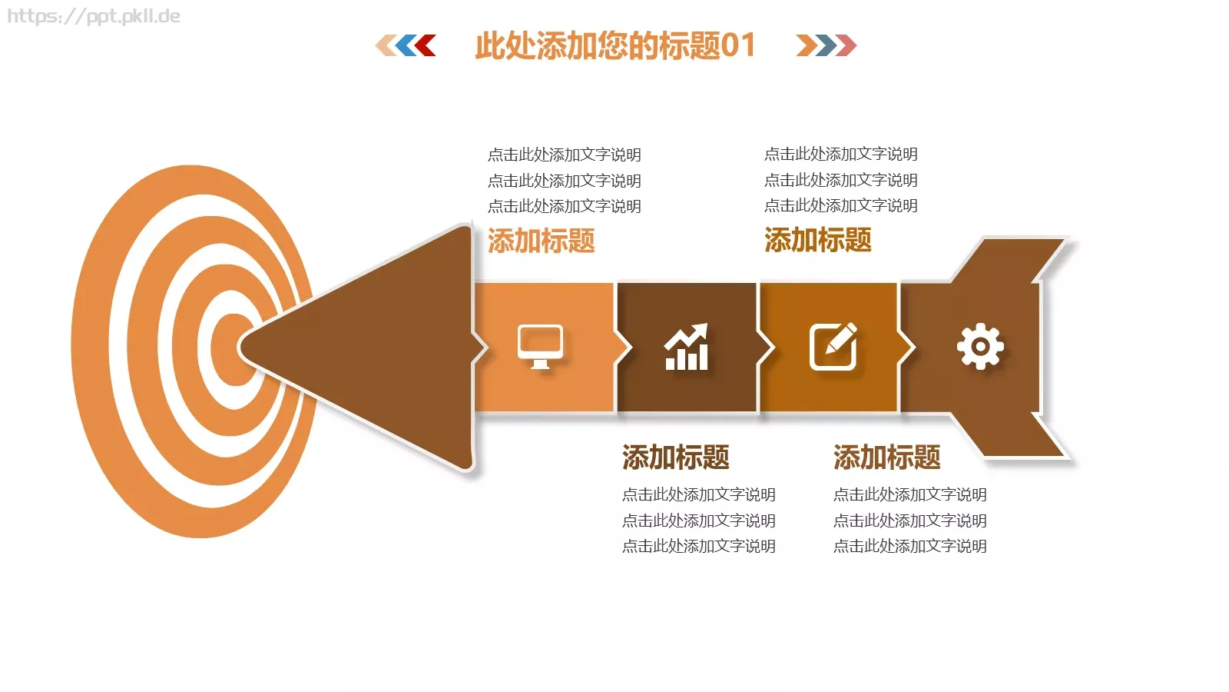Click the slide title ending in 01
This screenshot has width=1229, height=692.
tap(614, 45)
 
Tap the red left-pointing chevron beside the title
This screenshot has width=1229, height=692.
tap(425, 45)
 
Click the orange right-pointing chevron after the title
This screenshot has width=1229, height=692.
tap(807, 45)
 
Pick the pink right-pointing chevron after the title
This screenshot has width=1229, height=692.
tap(846, 45)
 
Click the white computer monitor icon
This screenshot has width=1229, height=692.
tap(540, 346)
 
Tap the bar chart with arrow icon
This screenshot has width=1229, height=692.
tap(686, 347)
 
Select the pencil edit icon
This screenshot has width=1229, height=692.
tap(833, 347)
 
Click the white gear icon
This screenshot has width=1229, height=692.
tap(980, 346)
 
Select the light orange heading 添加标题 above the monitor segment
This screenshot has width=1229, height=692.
tap(541, 241)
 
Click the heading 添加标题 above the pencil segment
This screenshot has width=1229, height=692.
tap(817, 240)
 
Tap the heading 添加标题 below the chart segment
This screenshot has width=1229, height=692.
tap(675, 457)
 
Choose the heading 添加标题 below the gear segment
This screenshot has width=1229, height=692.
tap(886, 457)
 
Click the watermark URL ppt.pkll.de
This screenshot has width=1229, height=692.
tap(94, 16)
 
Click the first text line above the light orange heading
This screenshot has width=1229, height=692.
tap(564, 155)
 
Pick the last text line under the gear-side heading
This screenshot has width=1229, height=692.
tap(909, 546)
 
